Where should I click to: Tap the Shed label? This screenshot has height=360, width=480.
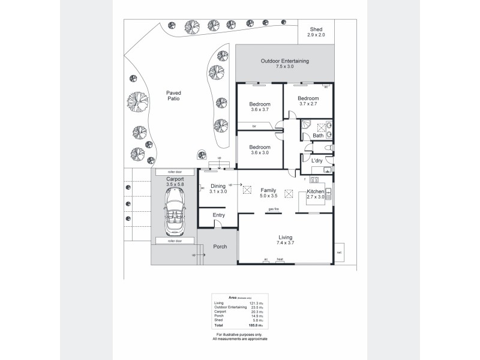tap(316, 29)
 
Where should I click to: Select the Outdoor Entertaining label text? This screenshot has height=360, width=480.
tap(284, 61)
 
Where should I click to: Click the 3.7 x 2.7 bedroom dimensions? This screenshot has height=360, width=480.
tap(308, 104)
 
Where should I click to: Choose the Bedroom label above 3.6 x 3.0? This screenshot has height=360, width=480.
tap(260, 147)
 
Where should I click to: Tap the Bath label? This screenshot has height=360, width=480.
tap(318, 136)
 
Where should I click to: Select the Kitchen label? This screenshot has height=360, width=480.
tap(316, 191)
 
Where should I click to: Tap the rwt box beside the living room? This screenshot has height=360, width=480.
tap(340, 252)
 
